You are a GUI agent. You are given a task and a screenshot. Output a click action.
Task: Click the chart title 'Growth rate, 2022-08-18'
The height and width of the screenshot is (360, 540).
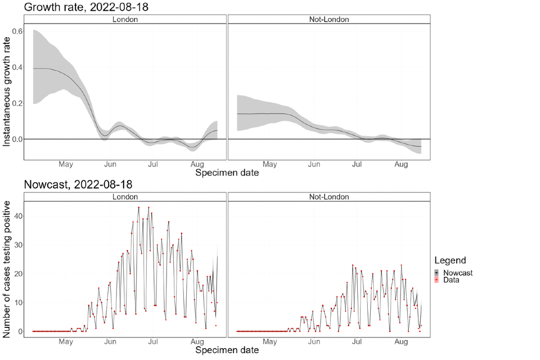86,7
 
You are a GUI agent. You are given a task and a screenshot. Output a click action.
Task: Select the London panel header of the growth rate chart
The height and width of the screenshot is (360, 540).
125,19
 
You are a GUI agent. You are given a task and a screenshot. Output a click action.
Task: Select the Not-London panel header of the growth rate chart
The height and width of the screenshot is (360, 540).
329,19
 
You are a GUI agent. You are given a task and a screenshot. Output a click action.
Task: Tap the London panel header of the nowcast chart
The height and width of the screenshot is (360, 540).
125,197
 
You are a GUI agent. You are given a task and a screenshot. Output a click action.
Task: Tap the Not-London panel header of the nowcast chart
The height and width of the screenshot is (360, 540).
329,197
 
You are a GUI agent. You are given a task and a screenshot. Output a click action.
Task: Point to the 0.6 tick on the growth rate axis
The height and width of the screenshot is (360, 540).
17,31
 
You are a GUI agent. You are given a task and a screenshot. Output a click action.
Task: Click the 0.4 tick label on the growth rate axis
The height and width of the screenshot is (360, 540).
17,67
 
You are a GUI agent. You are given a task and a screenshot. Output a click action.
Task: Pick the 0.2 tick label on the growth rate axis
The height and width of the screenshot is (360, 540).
17,103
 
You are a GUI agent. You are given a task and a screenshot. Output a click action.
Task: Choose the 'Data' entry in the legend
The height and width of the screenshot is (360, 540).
451,280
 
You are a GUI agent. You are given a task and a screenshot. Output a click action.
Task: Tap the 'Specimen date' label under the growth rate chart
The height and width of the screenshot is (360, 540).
227,173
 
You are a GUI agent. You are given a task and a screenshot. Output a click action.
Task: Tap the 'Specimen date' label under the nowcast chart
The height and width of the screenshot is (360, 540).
227,350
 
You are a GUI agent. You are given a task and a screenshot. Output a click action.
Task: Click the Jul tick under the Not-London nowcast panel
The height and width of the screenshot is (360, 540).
357,341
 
